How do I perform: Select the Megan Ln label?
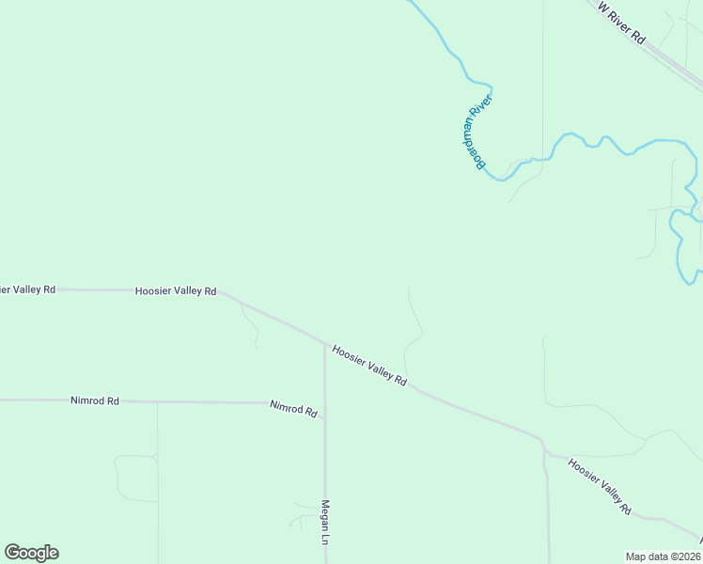pyautogui.click(x=325, y=523)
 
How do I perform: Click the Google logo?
pyautogui.click(x=31, y=553)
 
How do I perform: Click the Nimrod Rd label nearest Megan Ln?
pyautogui.click(x=293, y=410)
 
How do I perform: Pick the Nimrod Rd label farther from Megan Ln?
pyautogui.click(x=95, y=400)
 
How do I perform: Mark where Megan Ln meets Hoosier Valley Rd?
pyautogui.click(x=325, y=344)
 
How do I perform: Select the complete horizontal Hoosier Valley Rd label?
pyautogui.click(x=176, y=291)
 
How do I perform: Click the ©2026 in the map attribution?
pyautogui.click(x=682, y=556)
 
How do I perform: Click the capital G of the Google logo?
pyautogui.click(x=13, y=552)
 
